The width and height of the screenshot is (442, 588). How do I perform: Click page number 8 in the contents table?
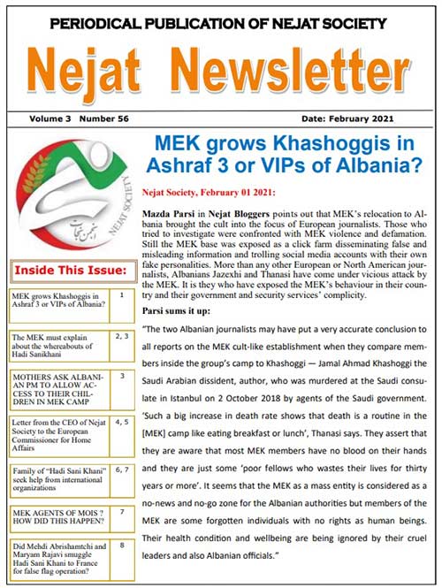(x=121, y=546)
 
